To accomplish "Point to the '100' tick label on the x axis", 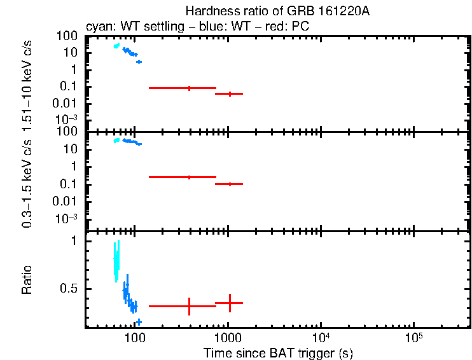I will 134,338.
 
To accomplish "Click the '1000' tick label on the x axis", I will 228,338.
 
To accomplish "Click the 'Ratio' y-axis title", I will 27,280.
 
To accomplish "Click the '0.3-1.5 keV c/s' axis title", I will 27,181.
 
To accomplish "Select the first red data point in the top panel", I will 189,88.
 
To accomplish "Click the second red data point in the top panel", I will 230,93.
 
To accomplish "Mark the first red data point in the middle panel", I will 189,177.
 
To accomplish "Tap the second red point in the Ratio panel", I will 230,303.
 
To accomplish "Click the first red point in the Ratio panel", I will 189,306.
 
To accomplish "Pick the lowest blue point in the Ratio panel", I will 139,322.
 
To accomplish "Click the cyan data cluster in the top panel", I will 116,46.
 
